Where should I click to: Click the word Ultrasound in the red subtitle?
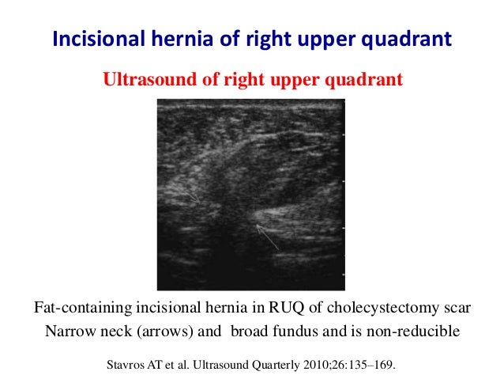(144, 81)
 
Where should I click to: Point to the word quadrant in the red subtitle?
(366, 81)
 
